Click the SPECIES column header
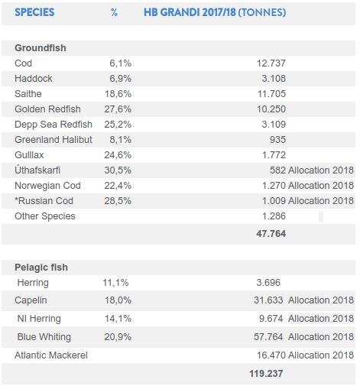34,12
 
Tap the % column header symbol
114,12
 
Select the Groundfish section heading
41,48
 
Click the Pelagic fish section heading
41,268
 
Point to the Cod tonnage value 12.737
271,63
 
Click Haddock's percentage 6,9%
120,79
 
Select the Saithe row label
28,94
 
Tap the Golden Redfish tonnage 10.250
271,109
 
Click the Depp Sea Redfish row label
54,125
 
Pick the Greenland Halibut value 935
277,140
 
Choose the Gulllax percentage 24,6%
118,155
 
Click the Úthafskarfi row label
37,170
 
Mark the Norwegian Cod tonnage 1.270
274,186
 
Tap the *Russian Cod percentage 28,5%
118,201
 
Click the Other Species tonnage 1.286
274,216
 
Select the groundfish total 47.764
271,234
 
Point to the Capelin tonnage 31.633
268,300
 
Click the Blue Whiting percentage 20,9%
118,337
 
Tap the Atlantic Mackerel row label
51,355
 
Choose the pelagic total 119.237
266,374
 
